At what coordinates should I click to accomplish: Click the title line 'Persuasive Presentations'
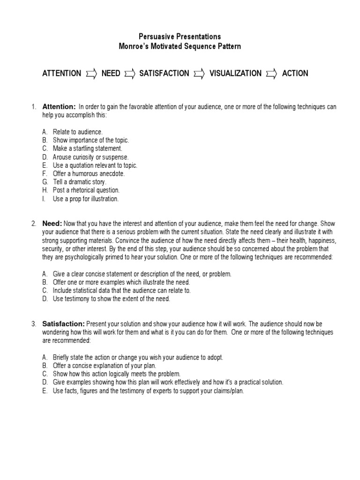point(180,37)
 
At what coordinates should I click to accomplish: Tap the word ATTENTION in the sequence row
point(61,74)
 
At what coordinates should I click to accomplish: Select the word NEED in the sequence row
point(111,74)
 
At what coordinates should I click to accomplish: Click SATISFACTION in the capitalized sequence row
point(164,74)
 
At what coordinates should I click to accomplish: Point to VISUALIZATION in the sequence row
point(235,74)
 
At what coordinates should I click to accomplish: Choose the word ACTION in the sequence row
point(295,74)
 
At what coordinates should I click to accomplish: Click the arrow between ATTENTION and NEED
point(91,74)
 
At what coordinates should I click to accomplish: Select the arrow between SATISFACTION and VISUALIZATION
point(199,74)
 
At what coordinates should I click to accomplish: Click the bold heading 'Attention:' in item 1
point(59,107)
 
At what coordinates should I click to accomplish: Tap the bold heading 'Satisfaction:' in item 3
point(63,324)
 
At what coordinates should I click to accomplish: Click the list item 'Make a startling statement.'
point(87,149)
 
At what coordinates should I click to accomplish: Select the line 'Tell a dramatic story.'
point(80,182)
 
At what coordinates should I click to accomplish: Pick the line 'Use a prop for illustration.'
point(86,199)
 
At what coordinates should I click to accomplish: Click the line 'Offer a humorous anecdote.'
point(89,173)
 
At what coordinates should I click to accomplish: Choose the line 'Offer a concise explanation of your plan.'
point(104,366)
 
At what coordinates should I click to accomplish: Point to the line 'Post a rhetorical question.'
point(86,190)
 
